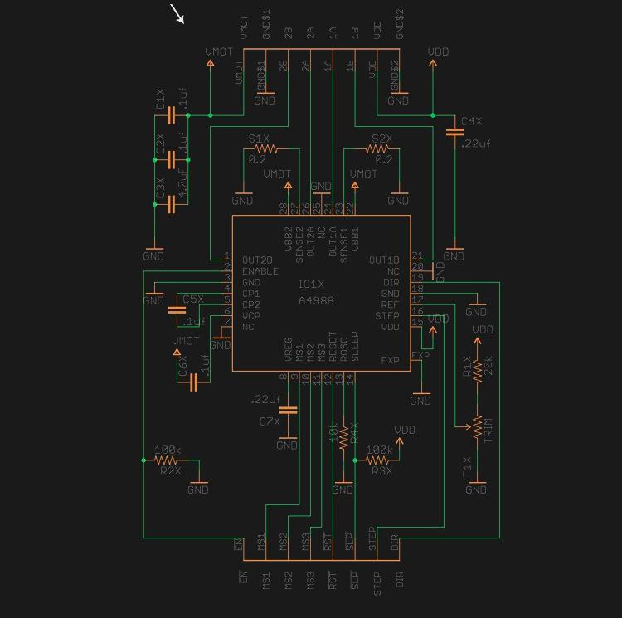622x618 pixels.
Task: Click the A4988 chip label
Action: pyautogui.click(x=316, y=300)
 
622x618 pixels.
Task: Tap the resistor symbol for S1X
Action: pyautogui.click(x=264, y=148)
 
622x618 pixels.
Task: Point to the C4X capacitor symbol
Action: pyautogui.click(x=454, y=132)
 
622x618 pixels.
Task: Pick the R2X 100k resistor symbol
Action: pyautogui.click(x=167, y=460)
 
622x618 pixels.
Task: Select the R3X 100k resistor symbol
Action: pyautogui.click(x=378, y=460)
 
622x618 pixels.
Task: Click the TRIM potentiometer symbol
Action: pyautogui.click(x=476, y=427)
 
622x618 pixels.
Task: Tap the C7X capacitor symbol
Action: pyautogui.click(x=287, y=410)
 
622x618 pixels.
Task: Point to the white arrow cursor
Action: pyautogui.click(x=177, y=14)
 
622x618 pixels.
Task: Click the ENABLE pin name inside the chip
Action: pyautogui.click(x=260, y=271)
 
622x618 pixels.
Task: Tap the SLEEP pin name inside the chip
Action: pyautogui.click(x=355, y=346)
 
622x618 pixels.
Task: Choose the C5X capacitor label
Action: pyautogui.click(x=192, y=299)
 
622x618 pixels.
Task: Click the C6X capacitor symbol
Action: pyautogui.click(x=193, y=382)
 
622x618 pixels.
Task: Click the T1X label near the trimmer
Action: pyautogui.click(x=467, y=467)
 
